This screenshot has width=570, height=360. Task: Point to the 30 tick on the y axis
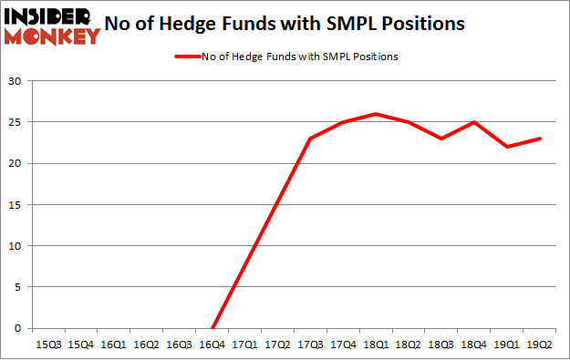16,81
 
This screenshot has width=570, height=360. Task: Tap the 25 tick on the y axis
16,122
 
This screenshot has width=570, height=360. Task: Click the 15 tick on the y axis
16,205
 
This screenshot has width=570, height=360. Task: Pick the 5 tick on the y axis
18,287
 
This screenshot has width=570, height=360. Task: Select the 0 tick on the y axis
18,328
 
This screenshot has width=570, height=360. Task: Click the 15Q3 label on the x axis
47,344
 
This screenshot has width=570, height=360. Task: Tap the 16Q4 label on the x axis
212,344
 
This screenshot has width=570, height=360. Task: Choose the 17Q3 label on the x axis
311,344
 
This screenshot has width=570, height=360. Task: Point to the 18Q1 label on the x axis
377,344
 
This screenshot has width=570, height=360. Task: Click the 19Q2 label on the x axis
541,344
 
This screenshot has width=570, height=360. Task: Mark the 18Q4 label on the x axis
475,344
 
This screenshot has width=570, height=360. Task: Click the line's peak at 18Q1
377,114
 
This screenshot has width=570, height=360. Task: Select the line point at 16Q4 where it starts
212,328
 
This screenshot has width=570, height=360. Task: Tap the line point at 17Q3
311,139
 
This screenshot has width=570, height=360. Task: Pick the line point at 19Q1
508,147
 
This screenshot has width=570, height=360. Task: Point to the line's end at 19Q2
541,139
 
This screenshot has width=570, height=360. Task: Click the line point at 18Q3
442,139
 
